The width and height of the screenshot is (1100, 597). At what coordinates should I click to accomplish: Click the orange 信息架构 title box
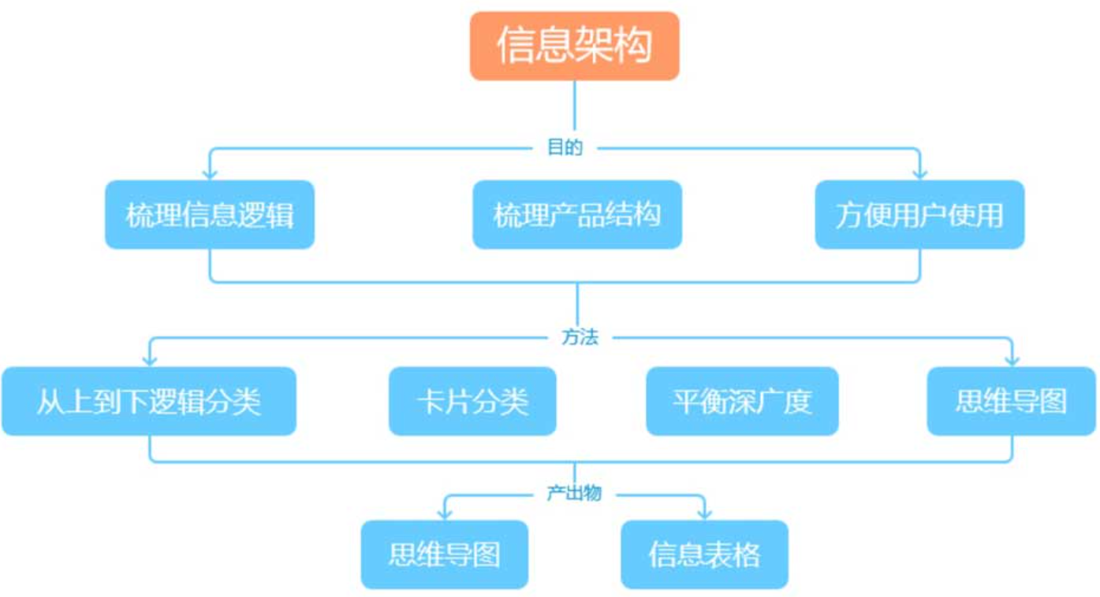click(x=574, y=46)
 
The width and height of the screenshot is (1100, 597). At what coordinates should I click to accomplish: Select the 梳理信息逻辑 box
click(x=210, y=215)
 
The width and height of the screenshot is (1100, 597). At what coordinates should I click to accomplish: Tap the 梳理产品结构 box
click(x=577, y=215)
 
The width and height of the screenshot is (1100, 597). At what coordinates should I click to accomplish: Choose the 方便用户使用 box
click(x=919, y=215)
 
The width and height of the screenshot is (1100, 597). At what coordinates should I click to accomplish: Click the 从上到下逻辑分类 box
click(x=149, y=402)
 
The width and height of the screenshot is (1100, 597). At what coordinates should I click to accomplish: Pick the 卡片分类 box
click(x=472, y=402)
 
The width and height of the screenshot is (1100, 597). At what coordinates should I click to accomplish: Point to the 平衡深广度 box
click(x=742, y=402)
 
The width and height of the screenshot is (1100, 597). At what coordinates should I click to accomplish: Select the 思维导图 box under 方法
click(x=1012, y=402)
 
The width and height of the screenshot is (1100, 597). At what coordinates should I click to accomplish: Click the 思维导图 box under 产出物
click(x=445, y=554)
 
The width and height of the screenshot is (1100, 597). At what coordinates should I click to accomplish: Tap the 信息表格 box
click(x=704, y=554)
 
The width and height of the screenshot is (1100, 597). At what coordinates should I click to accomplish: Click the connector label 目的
click(x=565, y=147)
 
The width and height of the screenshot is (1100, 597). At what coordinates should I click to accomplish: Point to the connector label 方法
click(x=580, y=337)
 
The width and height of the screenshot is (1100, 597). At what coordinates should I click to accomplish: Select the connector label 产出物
click(x=574, y=493)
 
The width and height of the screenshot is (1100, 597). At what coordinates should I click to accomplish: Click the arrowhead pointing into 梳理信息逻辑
click(x=210, y=173)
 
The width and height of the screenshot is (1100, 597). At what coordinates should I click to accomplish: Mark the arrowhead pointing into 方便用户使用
click(x=919, y=173)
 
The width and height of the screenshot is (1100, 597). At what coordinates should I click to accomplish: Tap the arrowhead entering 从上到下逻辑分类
click(x=150, y=360)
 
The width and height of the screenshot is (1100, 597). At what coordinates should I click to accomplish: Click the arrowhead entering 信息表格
click(x=704, y=514)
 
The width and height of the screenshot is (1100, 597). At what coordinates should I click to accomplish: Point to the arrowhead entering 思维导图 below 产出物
click(x=445, y=514)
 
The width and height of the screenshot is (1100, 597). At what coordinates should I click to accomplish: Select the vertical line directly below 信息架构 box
click(x=574, y=106)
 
